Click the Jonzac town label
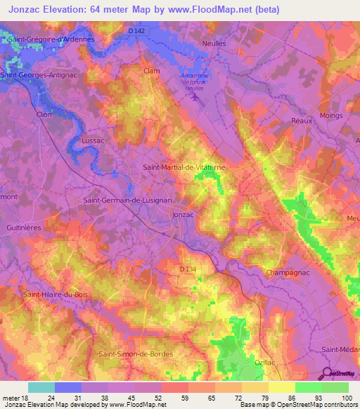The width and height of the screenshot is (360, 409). (183, 214)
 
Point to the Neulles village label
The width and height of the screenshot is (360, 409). (214, 43)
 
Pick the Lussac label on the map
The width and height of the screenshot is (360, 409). (93, 140)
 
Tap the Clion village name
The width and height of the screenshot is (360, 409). (25, 115)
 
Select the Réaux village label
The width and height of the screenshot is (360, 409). (302, 120)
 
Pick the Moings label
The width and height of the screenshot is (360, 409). (330, 115)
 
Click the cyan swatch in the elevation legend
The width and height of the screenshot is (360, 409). (41, 387)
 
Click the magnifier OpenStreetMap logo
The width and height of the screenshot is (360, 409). (326, 374)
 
